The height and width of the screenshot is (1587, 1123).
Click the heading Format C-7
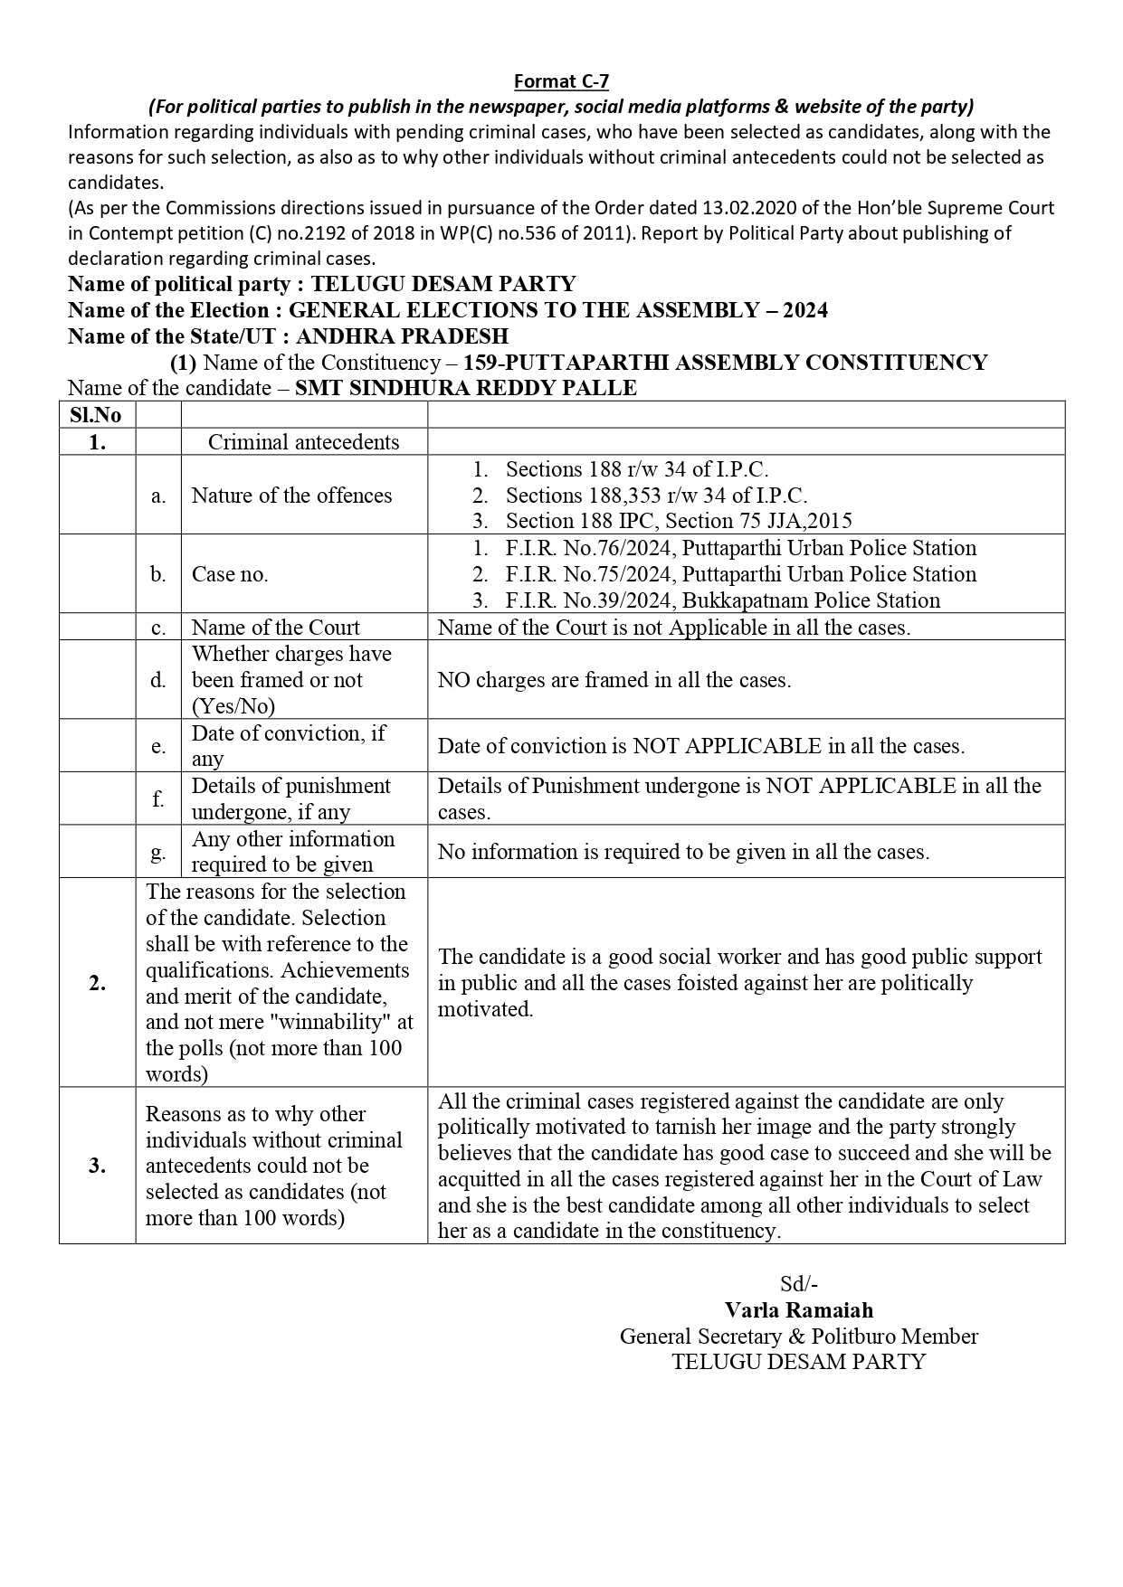click(x=561, y=81)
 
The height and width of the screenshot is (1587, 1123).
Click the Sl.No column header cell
click(x=96, y=415)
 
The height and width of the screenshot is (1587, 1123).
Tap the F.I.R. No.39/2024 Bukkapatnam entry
click(x=722, y=600)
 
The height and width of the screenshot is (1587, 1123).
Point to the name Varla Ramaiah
click(x=798, y=1309)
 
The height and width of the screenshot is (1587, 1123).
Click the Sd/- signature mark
click(x=798, y=1283)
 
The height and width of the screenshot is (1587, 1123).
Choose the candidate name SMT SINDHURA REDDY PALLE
click(x=467, y=388)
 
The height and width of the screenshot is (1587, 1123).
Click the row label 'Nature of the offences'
click(x=291, y=496)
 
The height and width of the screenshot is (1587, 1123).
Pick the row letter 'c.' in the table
click(x=158, y=628)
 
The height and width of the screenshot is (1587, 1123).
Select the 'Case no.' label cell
click(x=230, y=574)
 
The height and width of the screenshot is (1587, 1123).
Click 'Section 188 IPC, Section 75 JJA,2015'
click(x=678, y=521)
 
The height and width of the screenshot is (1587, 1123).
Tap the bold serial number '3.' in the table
click(x=97, y=1166)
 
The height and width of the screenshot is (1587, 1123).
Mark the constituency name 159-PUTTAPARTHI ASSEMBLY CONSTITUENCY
click(x=725, y=363)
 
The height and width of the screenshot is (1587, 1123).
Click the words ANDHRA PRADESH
click(x=402, y=336)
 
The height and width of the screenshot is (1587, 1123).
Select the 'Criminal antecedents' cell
click(x=303, y=442)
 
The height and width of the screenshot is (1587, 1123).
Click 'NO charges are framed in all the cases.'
click(x=614, y=680)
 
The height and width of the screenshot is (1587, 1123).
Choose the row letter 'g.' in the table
click(x=158, y=852)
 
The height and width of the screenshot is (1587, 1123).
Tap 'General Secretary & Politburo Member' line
click(x=798, y=1336)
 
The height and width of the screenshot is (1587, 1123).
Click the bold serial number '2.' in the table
click(x=97, y=983)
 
